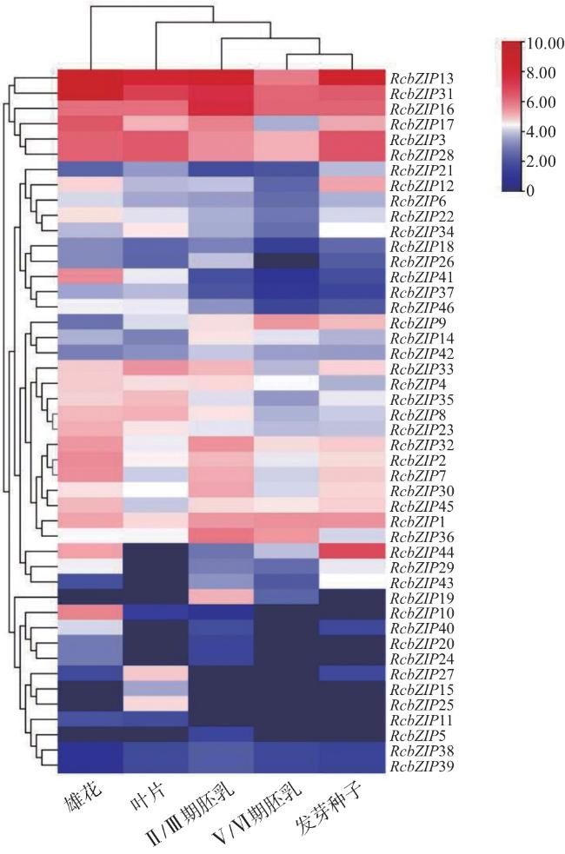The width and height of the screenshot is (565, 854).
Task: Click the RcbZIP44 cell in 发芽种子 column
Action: [352, 553]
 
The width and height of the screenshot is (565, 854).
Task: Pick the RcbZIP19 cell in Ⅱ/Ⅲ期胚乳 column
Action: [222, 598]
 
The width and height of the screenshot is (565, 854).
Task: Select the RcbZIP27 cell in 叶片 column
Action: [156, 674]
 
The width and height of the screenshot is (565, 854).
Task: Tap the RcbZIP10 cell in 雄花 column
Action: [90, 613]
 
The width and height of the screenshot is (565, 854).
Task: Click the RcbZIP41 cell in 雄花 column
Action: [90, 277]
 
